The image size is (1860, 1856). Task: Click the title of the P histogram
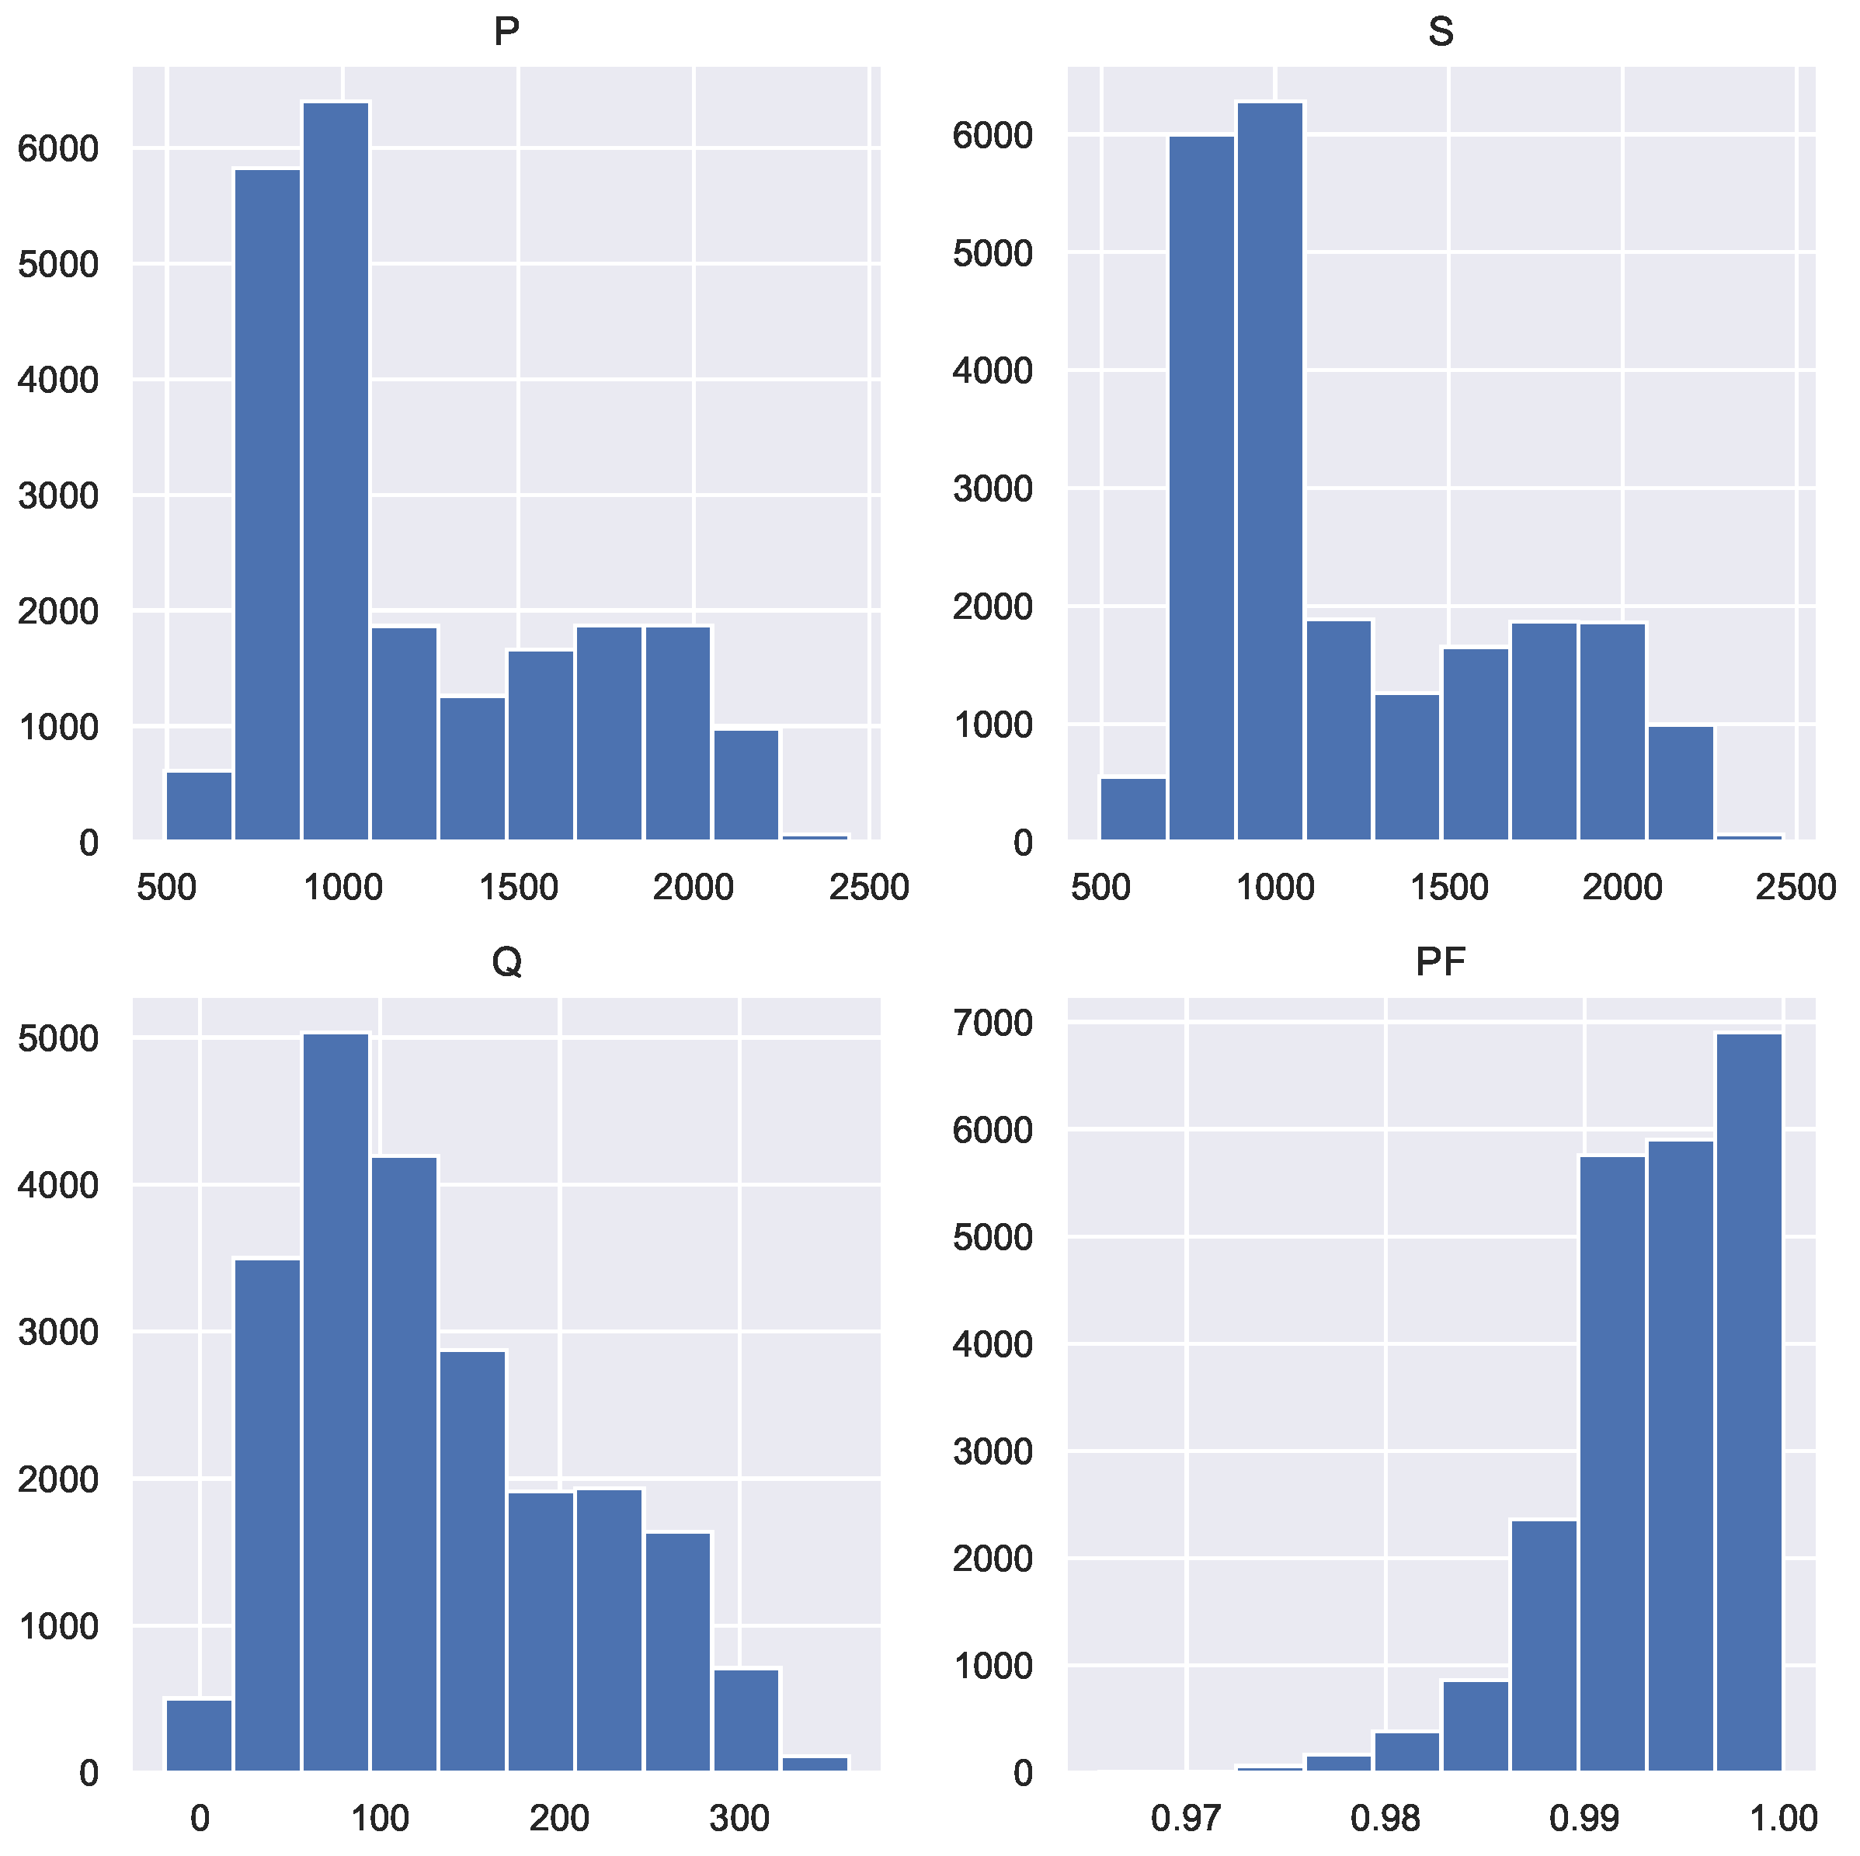tap(506, 33)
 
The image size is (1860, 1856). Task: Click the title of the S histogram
tap(1441, 33)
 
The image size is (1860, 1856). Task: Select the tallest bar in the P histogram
tap(335, 471)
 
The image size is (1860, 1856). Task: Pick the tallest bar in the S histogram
tap(1270, 471)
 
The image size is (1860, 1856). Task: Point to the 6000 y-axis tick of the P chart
tap(59, 149)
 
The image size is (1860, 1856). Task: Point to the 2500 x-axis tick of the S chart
tap(1796, 888)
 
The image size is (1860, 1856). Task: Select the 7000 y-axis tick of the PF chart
tap(993, 1021)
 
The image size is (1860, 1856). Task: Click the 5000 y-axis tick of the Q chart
tap(59, 1039)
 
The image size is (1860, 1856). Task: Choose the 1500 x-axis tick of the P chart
tap(518, 888)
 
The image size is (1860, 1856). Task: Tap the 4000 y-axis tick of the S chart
tap(993, 370)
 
